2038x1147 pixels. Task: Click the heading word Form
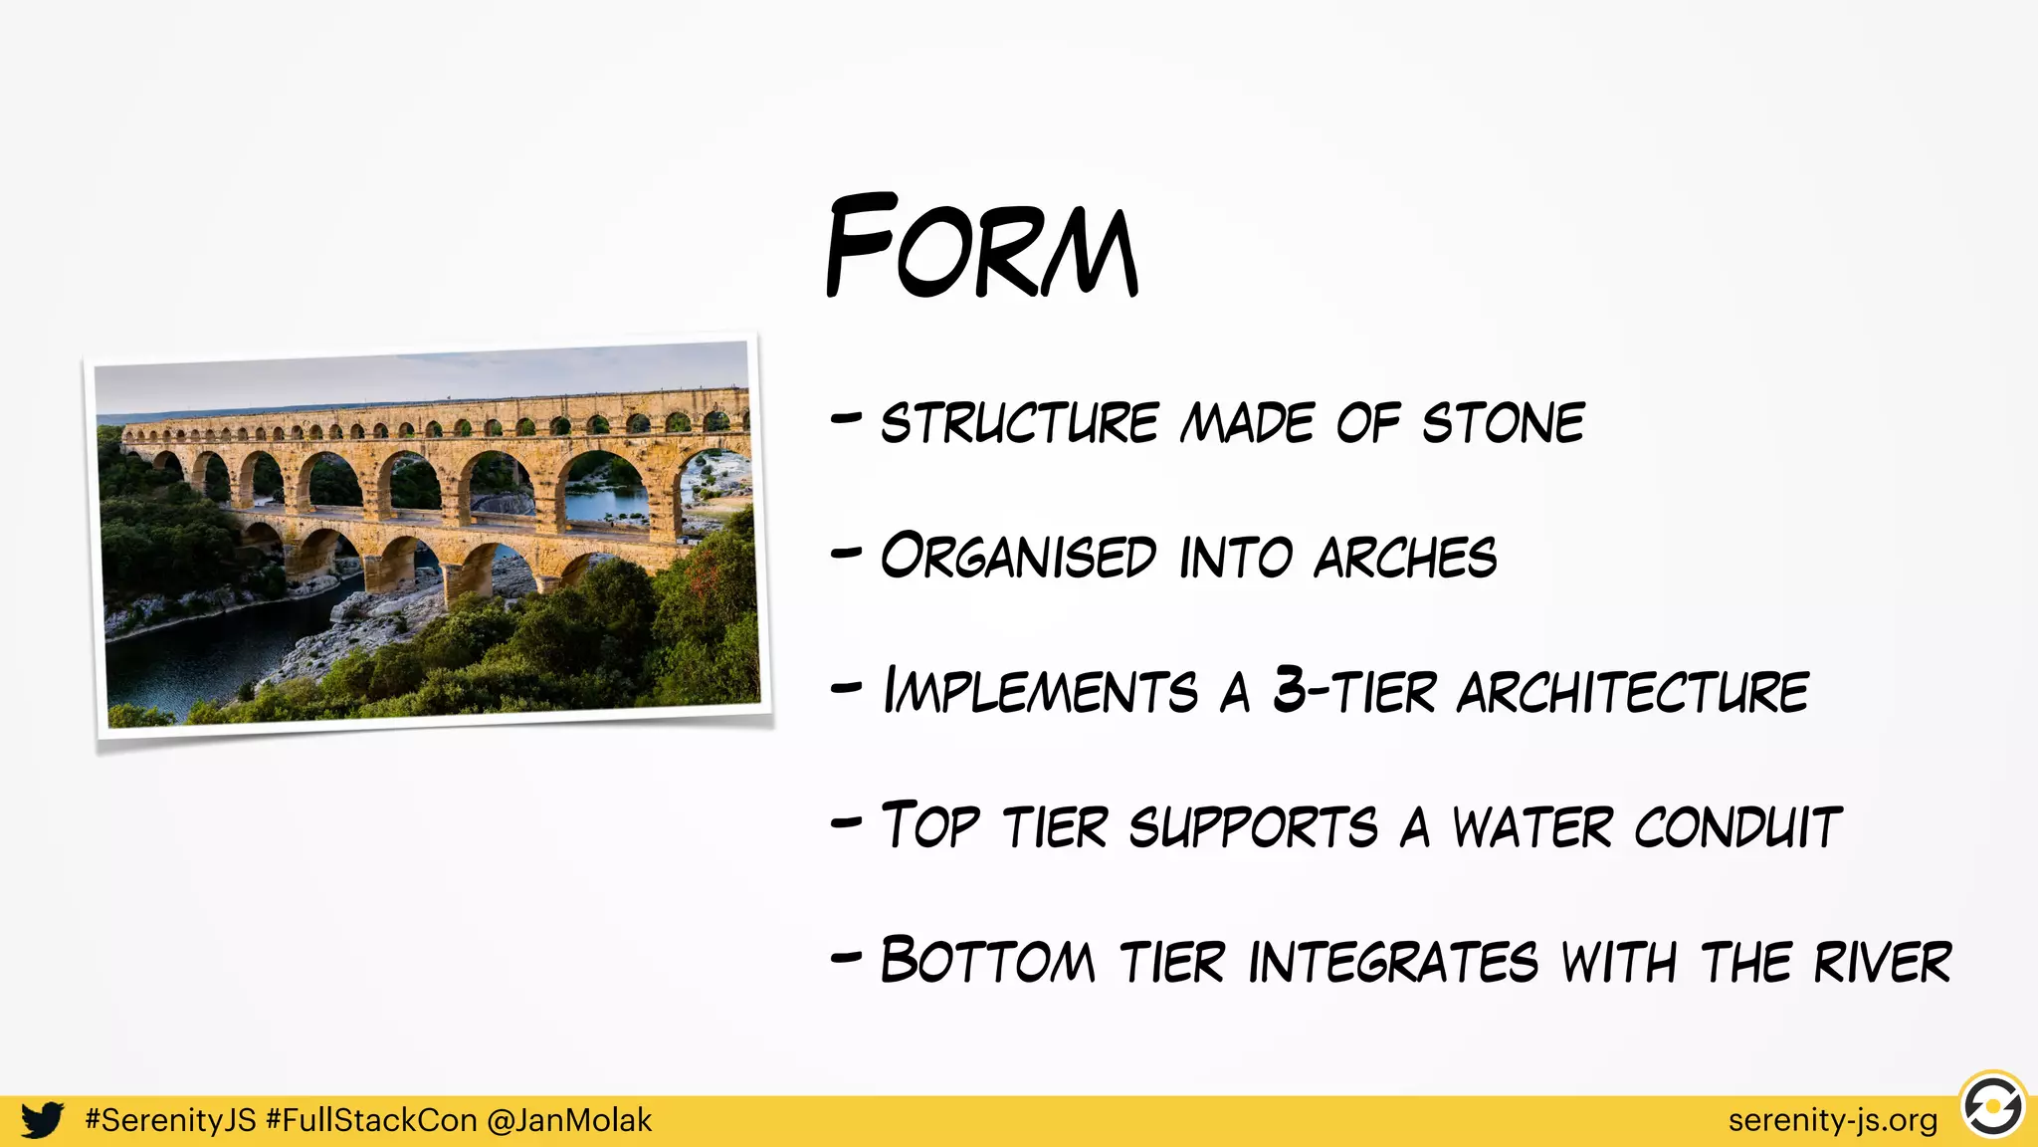(981, 247)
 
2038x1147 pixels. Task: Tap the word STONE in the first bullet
(1503, 423)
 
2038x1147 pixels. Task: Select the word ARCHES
(1405, 558)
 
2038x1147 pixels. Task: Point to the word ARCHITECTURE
(1633, 692)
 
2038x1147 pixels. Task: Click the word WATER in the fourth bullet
(1532, 827)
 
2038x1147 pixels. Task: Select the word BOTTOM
(987, 962)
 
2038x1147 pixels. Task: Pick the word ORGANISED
(1018, 557)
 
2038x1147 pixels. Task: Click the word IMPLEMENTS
(1041, 691)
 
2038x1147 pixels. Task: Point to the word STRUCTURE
(1020, 423)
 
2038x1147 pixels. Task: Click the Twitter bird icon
(43, 1120)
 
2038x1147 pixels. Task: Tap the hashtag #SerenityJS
(170, 1120)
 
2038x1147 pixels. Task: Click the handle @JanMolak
(569, 1120)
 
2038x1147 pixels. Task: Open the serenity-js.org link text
(1832, 1120)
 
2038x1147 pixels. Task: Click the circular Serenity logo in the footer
(1993, 1106)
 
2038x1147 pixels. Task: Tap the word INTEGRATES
(1393, 962)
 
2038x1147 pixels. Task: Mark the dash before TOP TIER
(846, 822)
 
